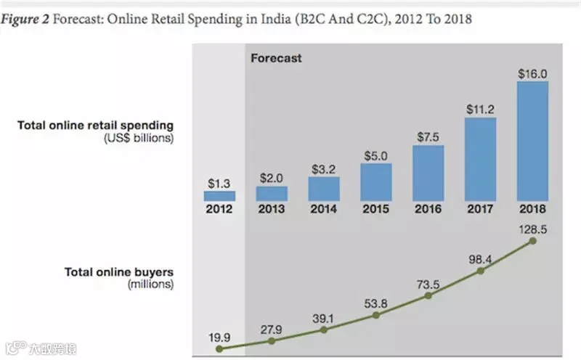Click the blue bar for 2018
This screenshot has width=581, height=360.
pyautogui.click(x=532, y=141)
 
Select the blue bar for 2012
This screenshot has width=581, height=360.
pyautogui.click(x=219, y=196)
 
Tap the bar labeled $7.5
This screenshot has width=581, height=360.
pyautogui.click(x=428, y=173)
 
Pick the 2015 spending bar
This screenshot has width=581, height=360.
pyautogui.click(x=376, y=182)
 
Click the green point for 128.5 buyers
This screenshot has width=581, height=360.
pyautogui.click(x=533, y=241)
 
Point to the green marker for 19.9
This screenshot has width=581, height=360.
pyautogui.click(x=219, y=349)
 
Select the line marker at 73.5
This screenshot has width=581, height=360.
pyautogui.click(x=428, y=295)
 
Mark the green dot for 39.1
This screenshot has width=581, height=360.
pyautogui.click(x=324, y=330)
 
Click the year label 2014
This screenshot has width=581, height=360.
pyautogui.click(x=324, y=209)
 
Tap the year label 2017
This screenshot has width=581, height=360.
pyautogui.click(x=480, y=209)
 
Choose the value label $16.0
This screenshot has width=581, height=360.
pyautogui.click(x=532, y=74)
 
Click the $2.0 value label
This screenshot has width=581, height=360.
pyautogui.click(x=271, y=178)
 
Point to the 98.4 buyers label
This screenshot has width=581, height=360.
pyautogui.click(x=480, y=259)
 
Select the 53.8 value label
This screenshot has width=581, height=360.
pyautogui.click(x=375, y=303)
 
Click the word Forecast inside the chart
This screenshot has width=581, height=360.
pyautogui.click(x=276, y=58)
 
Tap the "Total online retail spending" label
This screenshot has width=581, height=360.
pyautogui.click(x=96, y=126)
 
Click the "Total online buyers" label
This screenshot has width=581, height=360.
pyautogui.click(x=119, y=272)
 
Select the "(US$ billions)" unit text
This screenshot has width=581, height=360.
pyautogui.click(x=139, y=138)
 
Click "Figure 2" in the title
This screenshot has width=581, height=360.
pyautogui.click(x=25, y=19)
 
